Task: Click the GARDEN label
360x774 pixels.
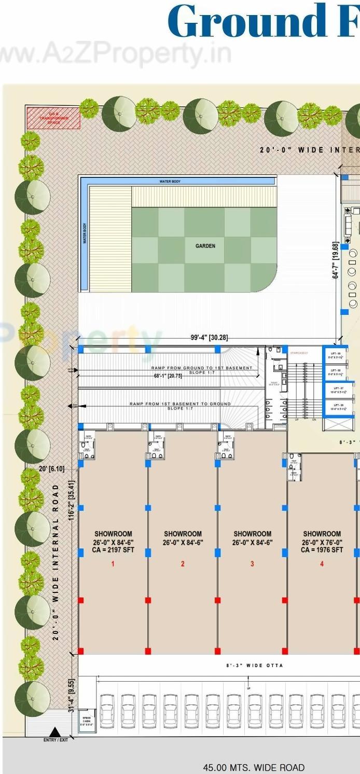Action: (205, 246)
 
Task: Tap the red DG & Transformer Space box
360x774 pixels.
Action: (53, 118)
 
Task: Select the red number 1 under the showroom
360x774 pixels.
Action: (113, 564)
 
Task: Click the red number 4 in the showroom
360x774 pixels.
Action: (322, 564)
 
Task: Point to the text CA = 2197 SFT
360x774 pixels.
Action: (113, 550)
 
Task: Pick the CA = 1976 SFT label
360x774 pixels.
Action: (322, 550)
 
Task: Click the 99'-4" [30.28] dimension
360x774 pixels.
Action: (209, 338)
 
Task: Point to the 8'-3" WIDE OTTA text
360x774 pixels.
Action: (255, 666)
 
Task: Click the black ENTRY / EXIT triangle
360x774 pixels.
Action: (54, 732)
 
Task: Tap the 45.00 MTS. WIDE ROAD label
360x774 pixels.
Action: (253, 767)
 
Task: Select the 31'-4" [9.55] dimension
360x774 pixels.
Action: (72, 688)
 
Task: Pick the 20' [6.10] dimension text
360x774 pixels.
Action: (52, 468)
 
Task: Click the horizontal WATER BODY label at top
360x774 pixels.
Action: (170, 182)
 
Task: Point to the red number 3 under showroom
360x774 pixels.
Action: (252, 564)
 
